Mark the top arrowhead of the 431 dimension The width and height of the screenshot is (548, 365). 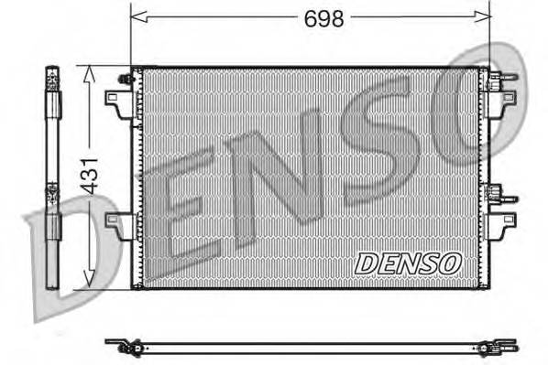(88, 71)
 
